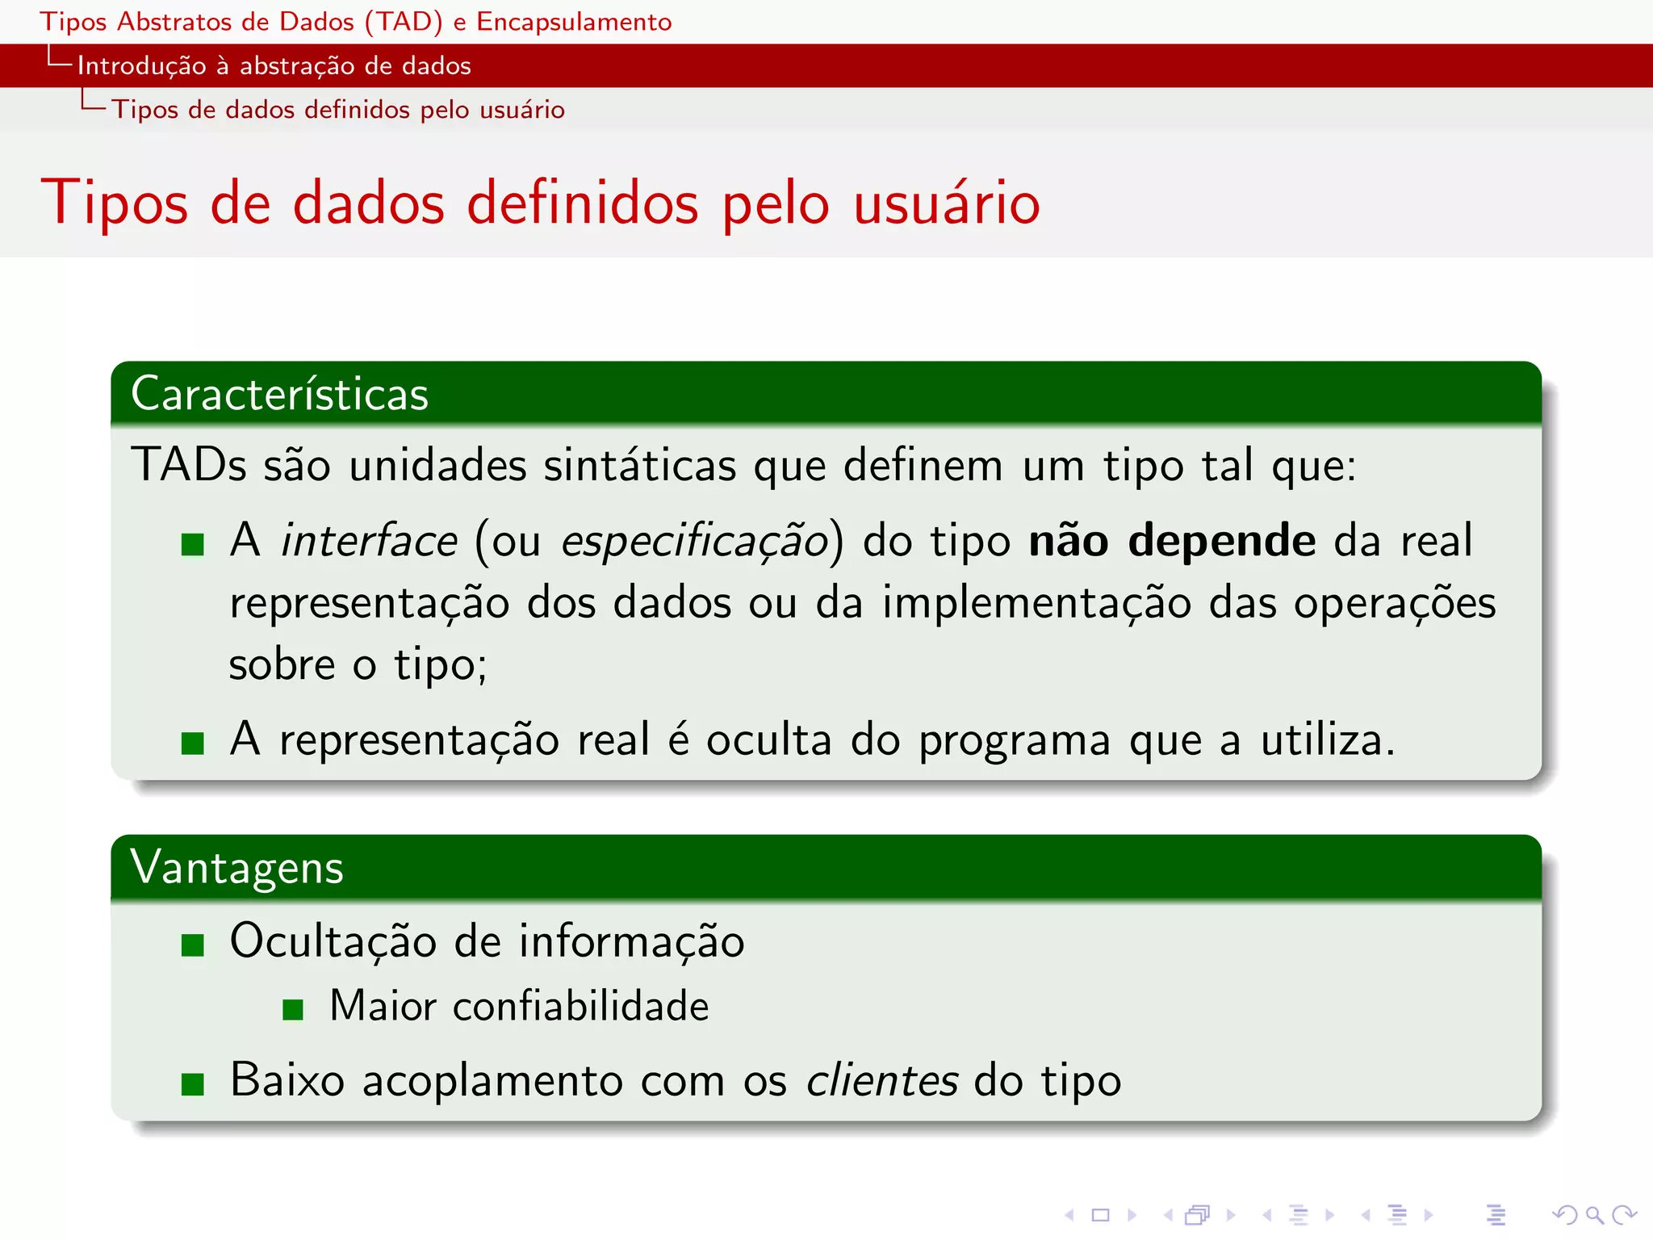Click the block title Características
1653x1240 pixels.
[x=279, y=394]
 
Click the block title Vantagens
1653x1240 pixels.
[x=237, y=869]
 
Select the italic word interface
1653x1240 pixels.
[x=369, y=540]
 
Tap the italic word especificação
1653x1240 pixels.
[x=695, y=542]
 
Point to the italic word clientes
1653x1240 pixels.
[x=882, y=1080]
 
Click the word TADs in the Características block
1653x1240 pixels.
[x=189, y=465]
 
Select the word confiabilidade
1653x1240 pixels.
[x=580, y=1006]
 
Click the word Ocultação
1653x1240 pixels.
[x=333, y=942]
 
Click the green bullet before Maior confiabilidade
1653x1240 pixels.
[x=293, y=1009]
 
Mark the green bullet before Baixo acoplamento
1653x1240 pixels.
[x=193, y=1084]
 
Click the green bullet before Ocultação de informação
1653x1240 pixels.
[x=193, y=945]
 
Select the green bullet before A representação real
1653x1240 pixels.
[x=193, y=743]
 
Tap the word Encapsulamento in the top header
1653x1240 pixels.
[x=574, y=22]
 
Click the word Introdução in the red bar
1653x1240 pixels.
[x=142, y=66]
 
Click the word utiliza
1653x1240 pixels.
[x=1327, y=739]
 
